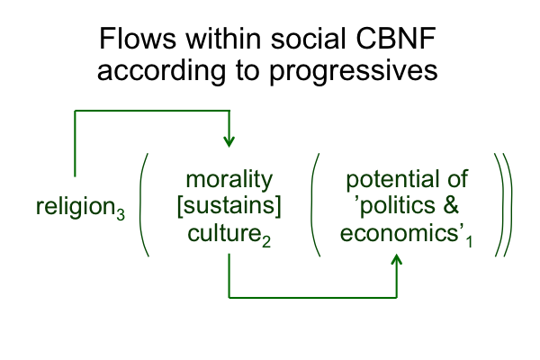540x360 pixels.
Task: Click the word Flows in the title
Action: pos(138,38)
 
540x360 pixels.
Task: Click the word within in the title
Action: pos(223,38)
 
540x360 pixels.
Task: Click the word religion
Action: pos(76,207)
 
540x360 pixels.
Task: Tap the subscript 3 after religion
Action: pos(121,215)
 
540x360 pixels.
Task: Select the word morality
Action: pos(229,179)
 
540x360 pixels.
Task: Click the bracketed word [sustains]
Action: pos(229,206)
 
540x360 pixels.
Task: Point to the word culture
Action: pos(224,233)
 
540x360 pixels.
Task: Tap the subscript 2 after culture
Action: pos(266,241)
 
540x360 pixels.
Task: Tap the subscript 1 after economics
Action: pos(469,241)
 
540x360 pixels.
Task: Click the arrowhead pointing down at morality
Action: pos(229,141)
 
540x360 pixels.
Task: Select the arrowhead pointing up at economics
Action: pos(397,260)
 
